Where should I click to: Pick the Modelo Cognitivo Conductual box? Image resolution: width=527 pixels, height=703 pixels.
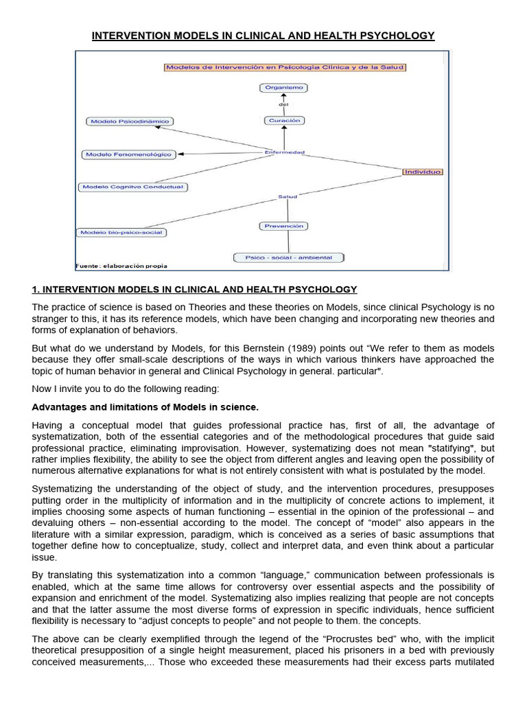coord(132,187)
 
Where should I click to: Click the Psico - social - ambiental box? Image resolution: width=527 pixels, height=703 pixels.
coord(288,257)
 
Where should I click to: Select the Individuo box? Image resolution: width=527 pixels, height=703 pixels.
coord(422,172)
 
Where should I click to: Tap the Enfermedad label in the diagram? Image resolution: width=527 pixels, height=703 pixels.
coord(284,152)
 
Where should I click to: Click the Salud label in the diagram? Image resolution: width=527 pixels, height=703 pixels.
coord(287,197)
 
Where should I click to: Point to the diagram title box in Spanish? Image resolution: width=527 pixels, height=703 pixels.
coord(285,67)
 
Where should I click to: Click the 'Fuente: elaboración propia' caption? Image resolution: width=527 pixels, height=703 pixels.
coord(121,266)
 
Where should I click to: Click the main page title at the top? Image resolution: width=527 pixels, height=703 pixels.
coord(263,36)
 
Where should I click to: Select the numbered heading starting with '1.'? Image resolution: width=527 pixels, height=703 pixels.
coord(194,289)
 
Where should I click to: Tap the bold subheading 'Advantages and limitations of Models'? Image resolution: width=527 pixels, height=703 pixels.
coord(145,407)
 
